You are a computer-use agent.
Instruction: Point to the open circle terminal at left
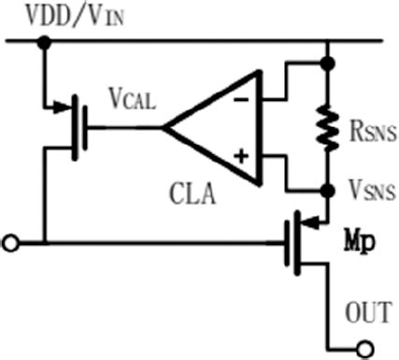10,244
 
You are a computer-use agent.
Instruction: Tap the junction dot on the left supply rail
43,41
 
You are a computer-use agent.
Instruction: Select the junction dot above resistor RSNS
326,64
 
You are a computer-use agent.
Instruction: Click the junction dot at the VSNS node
326,189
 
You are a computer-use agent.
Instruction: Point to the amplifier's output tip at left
164,125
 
